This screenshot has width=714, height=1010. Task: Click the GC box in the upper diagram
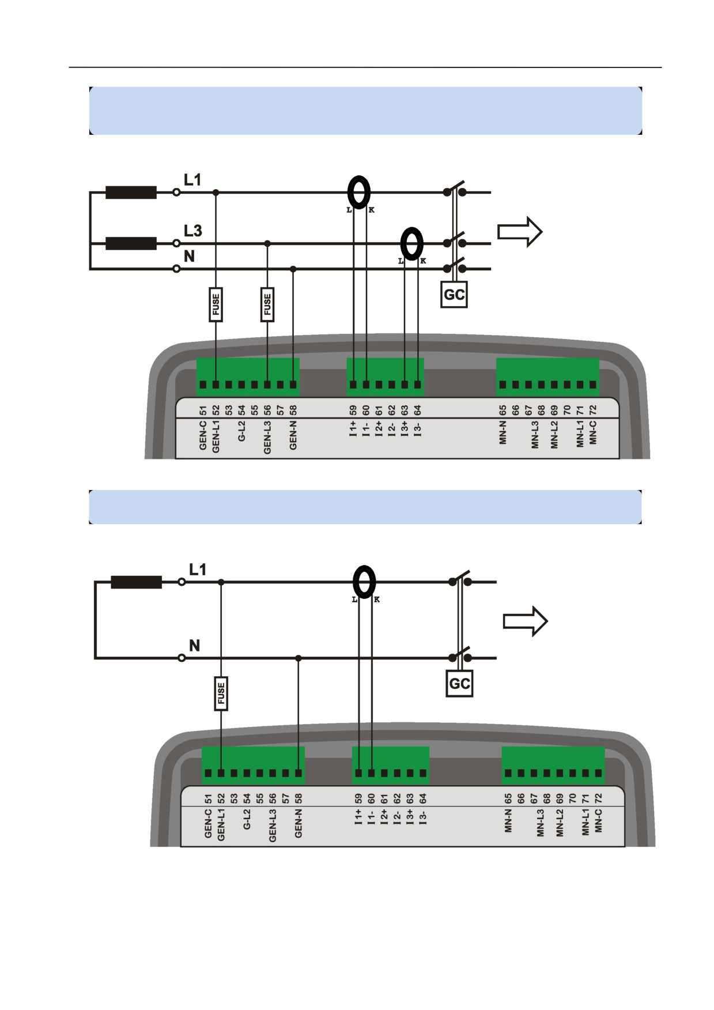pyautogui.click(x=454, y=295)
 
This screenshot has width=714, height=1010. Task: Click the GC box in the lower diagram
pyautogui.click(x=459, y=684)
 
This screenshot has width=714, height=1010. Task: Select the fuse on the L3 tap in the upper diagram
pyautogui.click(x=267, y=304)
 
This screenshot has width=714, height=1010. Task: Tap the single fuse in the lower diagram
pyautogui.click(x=221, y=694)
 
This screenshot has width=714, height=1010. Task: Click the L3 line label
pyautogui.click(x=193, y=231)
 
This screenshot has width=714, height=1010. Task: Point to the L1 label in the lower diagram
pyautogui.click(x=198, y=570)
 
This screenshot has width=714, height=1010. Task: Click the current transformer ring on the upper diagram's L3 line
pyautogui.click(x=411, y=244)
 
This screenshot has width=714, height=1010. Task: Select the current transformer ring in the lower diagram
pyautogui.click(x=364, y=582)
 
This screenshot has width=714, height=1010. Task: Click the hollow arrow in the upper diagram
pyautogui.click(x=520, y=231)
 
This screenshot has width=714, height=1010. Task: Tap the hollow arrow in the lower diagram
pyautogui.click(x=525, y=621)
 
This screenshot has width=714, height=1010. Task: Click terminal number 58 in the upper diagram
pyautogui.click(x=293, y=410)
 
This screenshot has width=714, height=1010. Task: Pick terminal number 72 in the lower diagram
pyautogui.click(x=598, y=799)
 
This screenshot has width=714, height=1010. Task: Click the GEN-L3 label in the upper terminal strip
pyautogui.click(x=267, y=437)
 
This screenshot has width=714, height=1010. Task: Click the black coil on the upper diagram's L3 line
pyautogui.click(x=131, y=244)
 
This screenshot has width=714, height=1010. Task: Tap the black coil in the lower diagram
pyautogui.click(x=136, y=582)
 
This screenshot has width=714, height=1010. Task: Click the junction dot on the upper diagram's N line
pyautogui.click(x=293, y=269)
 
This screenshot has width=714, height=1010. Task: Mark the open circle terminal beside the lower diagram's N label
pyautogui.click(x=182, y=658)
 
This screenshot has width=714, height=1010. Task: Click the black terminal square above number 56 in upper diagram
pyautogui.click(x=267, y=385)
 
